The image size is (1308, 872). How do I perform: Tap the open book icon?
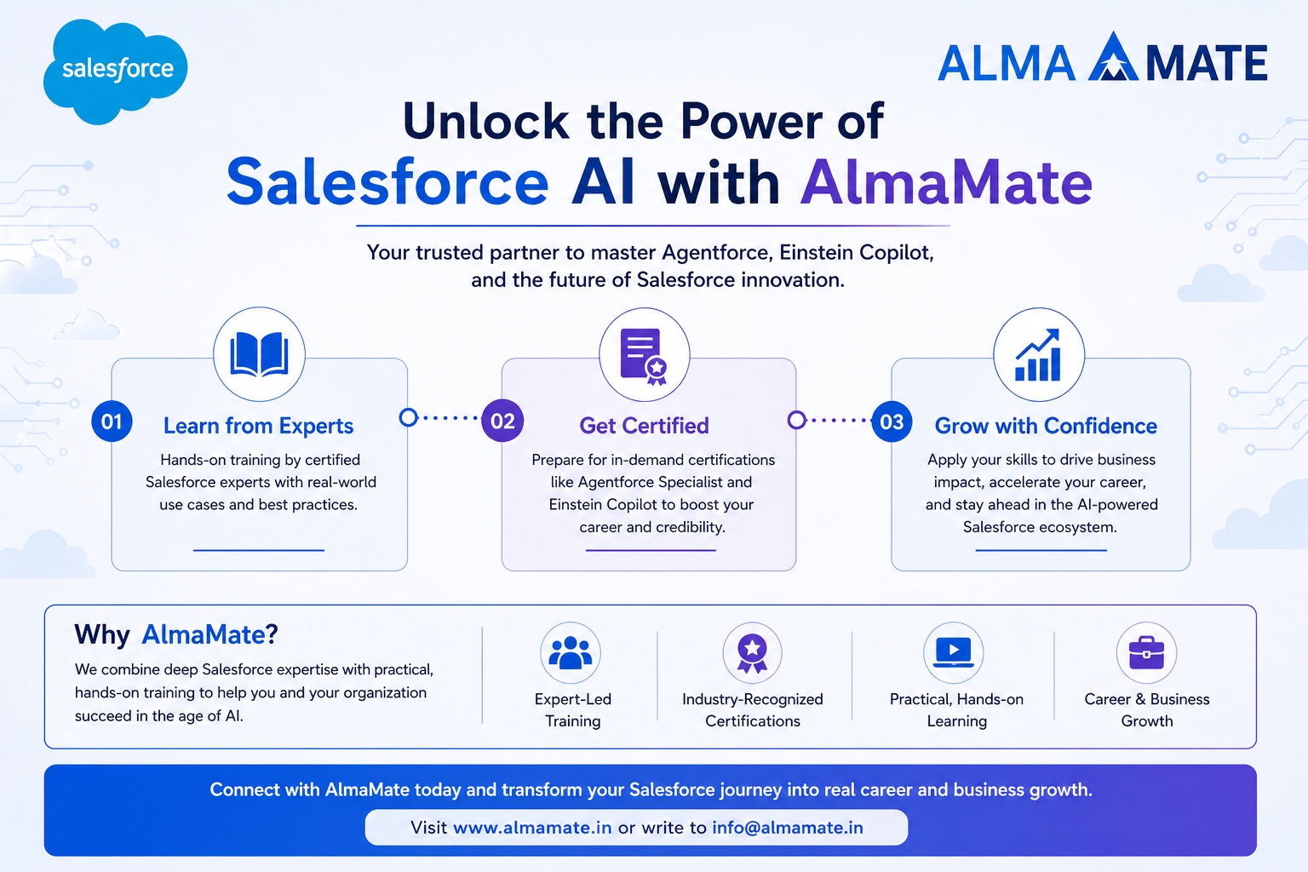pyautogui.click(x=259, y=354)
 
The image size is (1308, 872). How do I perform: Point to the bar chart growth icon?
pyautogui.click(x=1038, y=355)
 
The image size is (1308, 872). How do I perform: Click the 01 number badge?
pyautogui.click(x=112, y=422)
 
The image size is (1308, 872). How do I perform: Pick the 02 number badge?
pyautogui.click(x=502, y=421)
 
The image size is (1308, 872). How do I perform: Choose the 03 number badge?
pyautogui.click(x=892, y=422)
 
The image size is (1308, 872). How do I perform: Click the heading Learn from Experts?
pyautogui.click(x=258, y=426)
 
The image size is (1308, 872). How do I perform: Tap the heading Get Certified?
pyautogui.click(x=644, y=426)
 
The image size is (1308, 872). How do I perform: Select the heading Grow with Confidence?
pyautogui.click(x=1046, y=426)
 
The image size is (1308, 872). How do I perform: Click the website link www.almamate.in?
pyautogui.click(x=532, y=828)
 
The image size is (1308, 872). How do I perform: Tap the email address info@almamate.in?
pyautogui.click(x=788, y=828)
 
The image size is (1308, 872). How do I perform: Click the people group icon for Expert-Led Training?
pyautogui.click(x=571, y=652)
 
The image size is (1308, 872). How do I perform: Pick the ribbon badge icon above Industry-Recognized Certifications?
pyautogui.click(x=752, y=653)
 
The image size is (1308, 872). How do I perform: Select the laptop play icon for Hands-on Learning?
pyautogui.click(x=954, y=652)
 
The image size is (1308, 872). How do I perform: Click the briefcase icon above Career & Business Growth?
pyautogui.click(x=1146, y=652)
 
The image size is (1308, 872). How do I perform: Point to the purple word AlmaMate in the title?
pyautogui.click(x=946, y=183)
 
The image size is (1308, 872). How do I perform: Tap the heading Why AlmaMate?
pyautogui.click(x=176, y=634)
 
